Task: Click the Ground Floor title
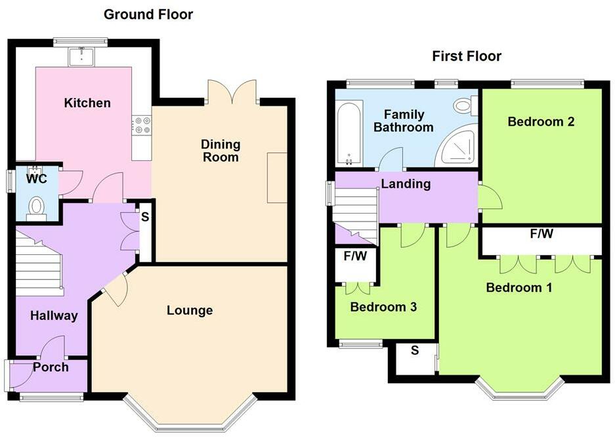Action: [x=148, y=14]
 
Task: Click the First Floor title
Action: [x=467, y=56]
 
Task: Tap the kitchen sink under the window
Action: [x=82, y=57]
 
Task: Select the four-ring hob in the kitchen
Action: [x=142, y=125]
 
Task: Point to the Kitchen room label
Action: [x=87, y=103]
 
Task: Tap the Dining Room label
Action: [x=221, y=150]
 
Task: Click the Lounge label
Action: [x=190, y=310]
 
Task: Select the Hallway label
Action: [x=54, y=315]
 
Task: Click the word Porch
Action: [x=51, y=367]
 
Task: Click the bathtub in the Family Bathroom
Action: [x=349, y=133]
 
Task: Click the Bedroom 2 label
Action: [x=541, y=122]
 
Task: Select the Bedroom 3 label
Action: [x=383, y=307]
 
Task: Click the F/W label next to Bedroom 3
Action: [x=355, y=256]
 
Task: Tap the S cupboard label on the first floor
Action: [x=415, y=350]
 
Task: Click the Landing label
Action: [x=406, y=184]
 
